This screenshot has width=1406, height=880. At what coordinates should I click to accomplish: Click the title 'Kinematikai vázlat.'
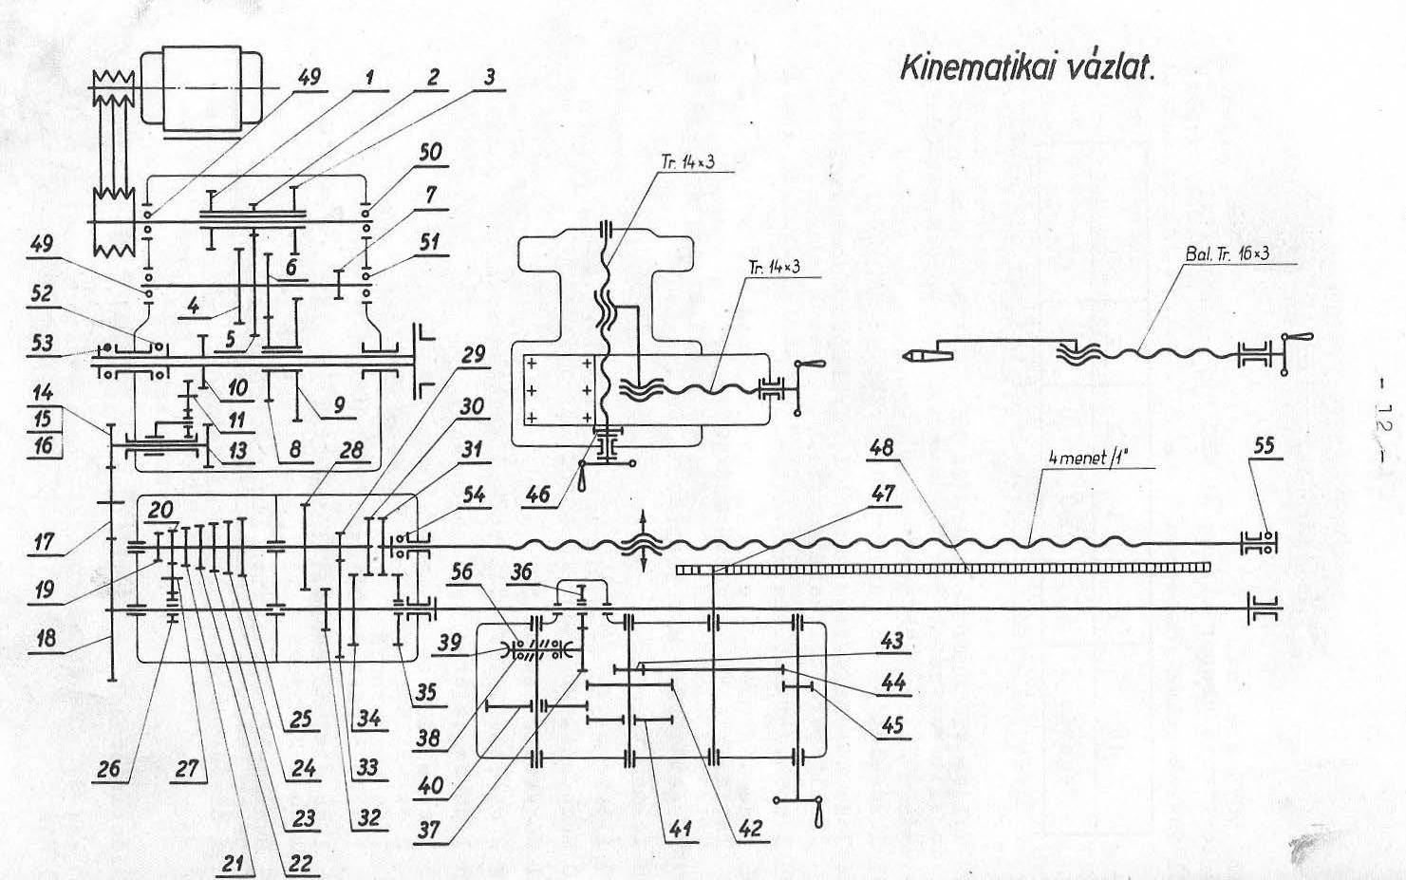pyautogui.click(x=1027, y=67)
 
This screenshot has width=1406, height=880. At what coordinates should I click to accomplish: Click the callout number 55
pyautogui.click(x=1264, y=445)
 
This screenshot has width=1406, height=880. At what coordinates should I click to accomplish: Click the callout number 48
pyautogui.click(x=881, y=448)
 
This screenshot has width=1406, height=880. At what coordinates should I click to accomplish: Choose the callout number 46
pyautogui.click(x=538, y=495)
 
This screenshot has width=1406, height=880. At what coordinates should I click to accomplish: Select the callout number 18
pyautogui.click(x=44, y=638)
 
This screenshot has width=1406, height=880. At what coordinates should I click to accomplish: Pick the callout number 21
pyautogui.click(x=233, y=864)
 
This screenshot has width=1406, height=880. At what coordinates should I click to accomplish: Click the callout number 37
pyautogui.click(x=429, y=831)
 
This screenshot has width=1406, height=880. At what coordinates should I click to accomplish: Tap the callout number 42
pyautogui.click(x=750, y=829)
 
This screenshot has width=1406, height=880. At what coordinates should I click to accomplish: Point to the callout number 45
pyautogui.click(x=892, y=725)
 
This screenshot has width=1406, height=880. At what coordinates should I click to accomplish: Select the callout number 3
pyautogui.click(x=490, y=77)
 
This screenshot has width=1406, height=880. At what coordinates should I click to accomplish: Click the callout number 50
pyautogui.click(x=431, y=152)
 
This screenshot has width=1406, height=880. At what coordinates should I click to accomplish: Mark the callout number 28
pyautogui.click(x=351, y=449)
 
